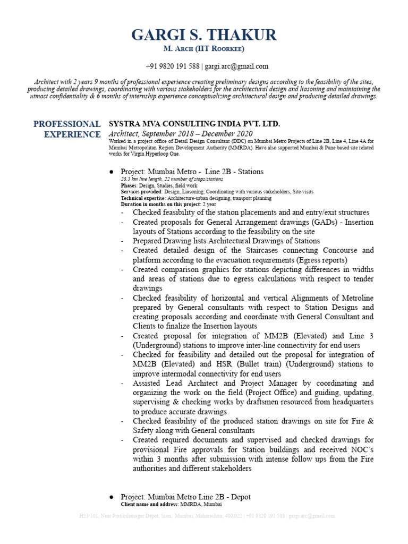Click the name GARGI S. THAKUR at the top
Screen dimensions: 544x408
click(204, 35)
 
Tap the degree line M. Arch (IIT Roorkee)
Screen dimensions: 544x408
click(204, 49)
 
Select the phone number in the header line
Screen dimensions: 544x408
click(173, 66)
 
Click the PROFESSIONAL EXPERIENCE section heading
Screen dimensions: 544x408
click(67, 129)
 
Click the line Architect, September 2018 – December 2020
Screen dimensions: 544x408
click(181, 133)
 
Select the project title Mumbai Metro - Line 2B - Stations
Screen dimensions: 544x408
click(192, 172)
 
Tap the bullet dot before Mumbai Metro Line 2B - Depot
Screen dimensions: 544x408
click(112, 497)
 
